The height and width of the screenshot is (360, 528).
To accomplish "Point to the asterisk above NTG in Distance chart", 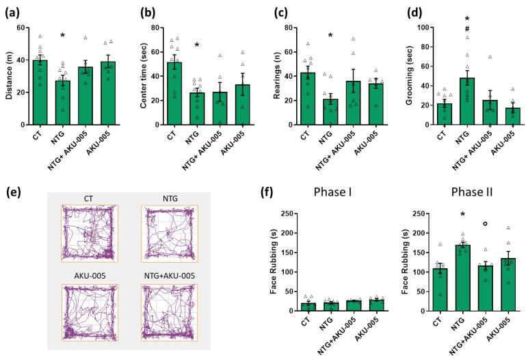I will (62, 36).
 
